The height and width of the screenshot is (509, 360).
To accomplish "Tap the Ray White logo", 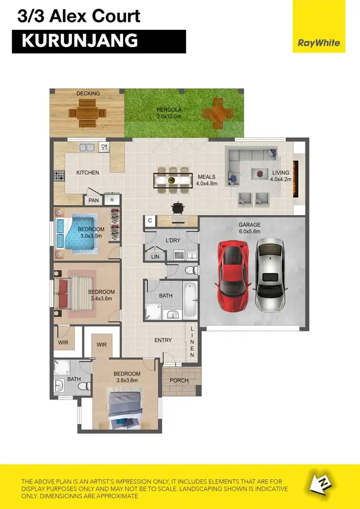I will point(319,43).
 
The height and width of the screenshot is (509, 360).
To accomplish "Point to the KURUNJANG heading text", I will point(80,41).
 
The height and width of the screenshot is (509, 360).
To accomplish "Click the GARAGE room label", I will point(250,225).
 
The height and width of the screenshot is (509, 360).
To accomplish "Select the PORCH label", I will point(180,380).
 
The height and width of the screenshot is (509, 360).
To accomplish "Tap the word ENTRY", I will point(163,340).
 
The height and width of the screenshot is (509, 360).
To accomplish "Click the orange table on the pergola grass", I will point(218,112).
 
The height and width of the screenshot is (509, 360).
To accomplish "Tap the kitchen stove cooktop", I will point(59,176).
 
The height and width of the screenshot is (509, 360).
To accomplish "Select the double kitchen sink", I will point(87,147).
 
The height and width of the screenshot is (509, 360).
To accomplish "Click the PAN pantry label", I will point(93,200).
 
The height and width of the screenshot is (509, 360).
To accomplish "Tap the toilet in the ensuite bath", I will point(84,385).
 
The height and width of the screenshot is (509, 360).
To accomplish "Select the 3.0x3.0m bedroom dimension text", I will point(91,236).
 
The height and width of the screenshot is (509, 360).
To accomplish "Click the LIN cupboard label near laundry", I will point(155,257).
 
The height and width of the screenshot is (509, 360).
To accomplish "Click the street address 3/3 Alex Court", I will point(79,16).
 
